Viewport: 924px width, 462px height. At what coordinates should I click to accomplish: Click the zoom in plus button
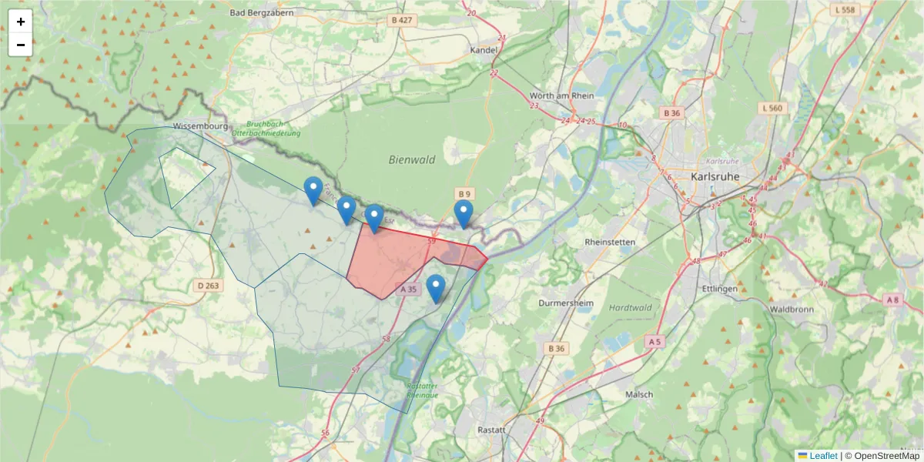pyautogui.click(x=20, y=22)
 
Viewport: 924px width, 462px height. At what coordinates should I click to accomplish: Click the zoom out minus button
pyautogui.click(x=20, y=45)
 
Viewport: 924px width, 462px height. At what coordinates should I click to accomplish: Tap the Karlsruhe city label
pyautogui.click(x=715, y=176)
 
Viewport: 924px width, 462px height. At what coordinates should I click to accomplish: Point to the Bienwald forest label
pyautogui.click(x=412, y=160)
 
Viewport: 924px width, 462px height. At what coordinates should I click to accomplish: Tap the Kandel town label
pyautogui.click(x=484, y=50)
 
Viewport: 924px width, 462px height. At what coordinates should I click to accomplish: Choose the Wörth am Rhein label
pyautogui.click(x=562, y=95)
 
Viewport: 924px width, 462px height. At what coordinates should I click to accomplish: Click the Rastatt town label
pyautogui.click(x=491, y=430)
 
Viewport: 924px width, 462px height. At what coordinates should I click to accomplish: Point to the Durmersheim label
pyautogui.click(x=567, y=303)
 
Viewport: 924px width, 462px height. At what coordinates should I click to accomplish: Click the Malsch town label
pyautogui.click(x=640, y=394)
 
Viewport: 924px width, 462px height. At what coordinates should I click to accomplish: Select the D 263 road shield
pyautogui.click(x=208, y=286)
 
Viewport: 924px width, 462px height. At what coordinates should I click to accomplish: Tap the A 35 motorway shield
pyautogui.click(x=409, y=290)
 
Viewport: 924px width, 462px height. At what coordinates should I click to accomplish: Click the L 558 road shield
pyautogui.click(x=844, y=10)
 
